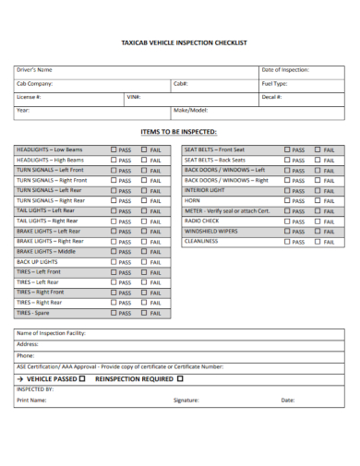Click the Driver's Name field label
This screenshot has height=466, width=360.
pyautogui.click(x=34, y=70)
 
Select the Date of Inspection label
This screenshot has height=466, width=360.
pyautogui.click(x=285, y=70)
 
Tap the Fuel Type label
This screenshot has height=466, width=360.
pyautogui.click(x=275, y=83)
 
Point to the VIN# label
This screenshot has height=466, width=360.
pyautogui.click(x=133, y=96)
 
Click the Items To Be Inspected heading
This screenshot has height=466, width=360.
pyautogui.click(x=179, y=131)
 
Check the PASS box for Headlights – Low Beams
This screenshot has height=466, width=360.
pyautogui.click(x=114, y=149)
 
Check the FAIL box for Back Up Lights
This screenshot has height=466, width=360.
pyautogui.click(x=145, y=261)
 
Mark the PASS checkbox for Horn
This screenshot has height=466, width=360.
pyautogui.click(x=287, y=200)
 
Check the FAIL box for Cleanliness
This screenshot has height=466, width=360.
pyautogui.click(x=318, y=241)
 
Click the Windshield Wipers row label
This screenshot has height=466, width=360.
pyautogui.click(x=210, y=231)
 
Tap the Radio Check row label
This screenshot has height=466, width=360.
pyautogui.click(x=202, y=221)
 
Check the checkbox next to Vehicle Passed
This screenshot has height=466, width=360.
pyautogui.click(x=82, y=378)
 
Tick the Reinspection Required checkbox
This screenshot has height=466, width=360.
pyautogui.click(x=181, y=378)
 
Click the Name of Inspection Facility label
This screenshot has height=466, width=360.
pyautogui.click(x=51, y=333)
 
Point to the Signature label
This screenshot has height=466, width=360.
pyautogui.click(x=186, y=400)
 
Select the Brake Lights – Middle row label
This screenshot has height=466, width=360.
pyautogui.click(x=46, y=251)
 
